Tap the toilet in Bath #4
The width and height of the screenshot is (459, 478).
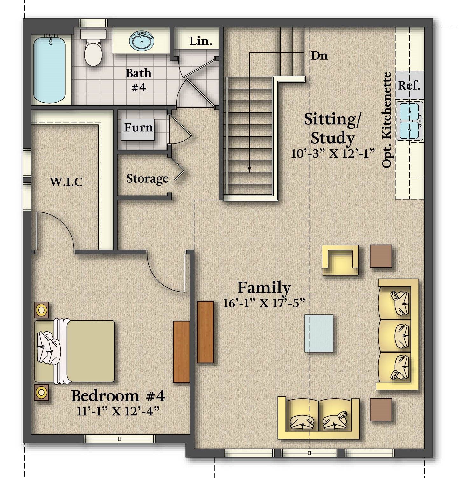(93, 48)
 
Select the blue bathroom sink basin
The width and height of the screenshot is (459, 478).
(142, 41)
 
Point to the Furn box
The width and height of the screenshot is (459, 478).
(138, 130)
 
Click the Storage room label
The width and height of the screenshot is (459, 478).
(147, 179)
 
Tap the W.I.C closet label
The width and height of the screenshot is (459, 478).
(66, 182)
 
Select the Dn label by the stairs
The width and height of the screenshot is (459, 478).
(319, 56)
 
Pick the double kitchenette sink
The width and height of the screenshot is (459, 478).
(410, 120)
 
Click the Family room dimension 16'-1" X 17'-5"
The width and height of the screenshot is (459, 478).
(264, 303)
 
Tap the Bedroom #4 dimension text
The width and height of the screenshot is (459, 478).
(118, 411)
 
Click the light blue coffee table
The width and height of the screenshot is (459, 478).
(319, 333)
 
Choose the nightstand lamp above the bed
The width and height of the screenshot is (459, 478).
(41, 310)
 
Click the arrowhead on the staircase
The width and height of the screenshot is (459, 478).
(249, 168)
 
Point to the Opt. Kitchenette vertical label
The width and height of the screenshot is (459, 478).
(387, 120)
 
